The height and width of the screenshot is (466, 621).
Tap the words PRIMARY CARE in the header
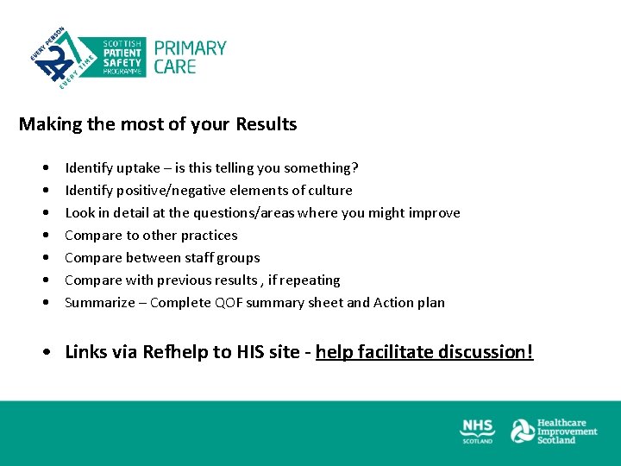click(190, 57)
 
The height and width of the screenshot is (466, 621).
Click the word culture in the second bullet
click(329, 190)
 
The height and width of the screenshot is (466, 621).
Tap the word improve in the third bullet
click(436, 212)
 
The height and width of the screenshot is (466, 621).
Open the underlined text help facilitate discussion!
click(424, 352)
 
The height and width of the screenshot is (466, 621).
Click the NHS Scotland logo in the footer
click(477, 431)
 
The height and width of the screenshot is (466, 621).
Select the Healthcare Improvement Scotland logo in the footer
click(554, 431)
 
